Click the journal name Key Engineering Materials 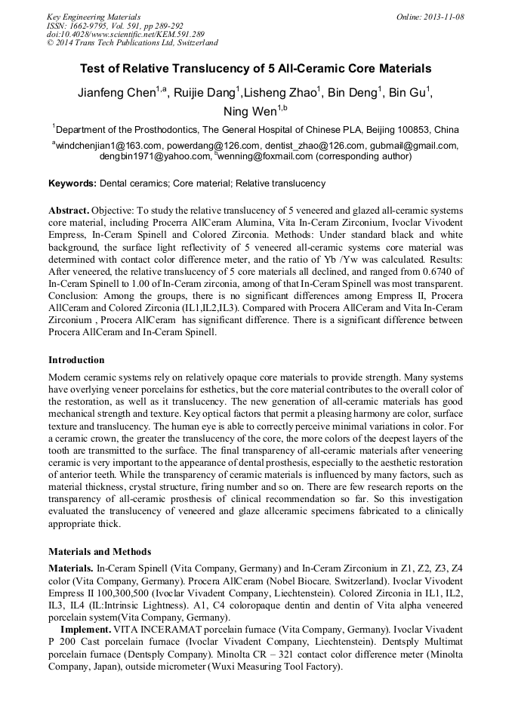pos(94,16)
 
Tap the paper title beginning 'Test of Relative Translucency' pos(255,68)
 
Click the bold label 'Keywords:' pos(72,183)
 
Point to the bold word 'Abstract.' pos(69,209)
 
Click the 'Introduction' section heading pos(76,359)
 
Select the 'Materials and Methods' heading pos(99,551)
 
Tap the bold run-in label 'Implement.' pos(85,629)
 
